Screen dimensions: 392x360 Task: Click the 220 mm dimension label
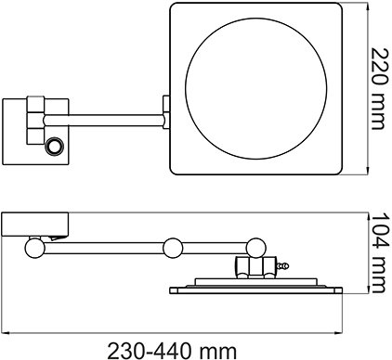click(379, 89)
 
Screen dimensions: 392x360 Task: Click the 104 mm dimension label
click(379, 252)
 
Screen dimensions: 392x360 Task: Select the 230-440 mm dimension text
click(172, 352)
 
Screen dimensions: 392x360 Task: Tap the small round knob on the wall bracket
click(55, 146)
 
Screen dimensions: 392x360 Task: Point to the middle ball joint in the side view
click(173, 248)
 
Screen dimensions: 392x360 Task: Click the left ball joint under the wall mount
click(34, 248)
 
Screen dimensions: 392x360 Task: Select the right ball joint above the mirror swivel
click(256, 248)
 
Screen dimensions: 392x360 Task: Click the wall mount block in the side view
click(35, 225)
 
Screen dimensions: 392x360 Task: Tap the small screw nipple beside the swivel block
click(282, 265)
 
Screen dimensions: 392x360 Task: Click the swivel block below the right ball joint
click(255, 267)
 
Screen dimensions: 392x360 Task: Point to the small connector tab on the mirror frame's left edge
click(166, 112)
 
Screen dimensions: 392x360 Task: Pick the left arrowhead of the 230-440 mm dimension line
click(6, 333)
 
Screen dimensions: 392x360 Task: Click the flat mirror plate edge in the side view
click(256, 290)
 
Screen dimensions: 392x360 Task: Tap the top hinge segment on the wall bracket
click(35, 104)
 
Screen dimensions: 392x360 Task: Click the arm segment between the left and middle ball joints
click(104, 249)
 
